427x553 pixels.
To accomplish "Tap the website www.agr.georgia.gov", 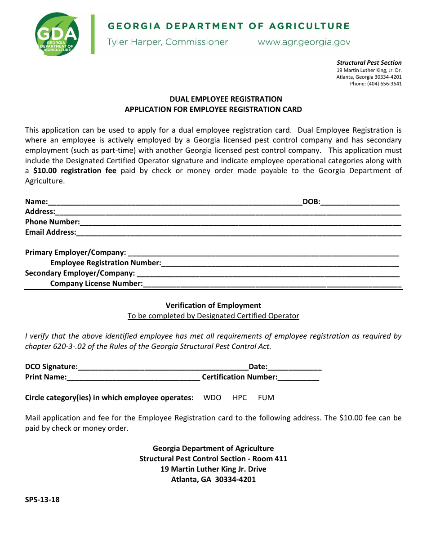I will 303,42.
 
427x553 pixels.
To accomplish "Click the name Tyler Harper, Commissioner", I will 167,42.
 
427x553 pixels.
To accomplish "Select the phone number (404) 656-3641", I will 384,84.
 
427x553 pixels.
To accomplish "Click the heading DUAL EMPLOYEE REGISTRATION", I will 226,99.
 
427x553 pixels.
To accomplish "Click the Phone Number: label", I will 53,222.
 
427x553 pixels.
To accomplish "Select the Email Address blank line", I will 238,233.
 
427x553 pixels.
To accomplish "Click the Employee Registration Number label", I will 106,263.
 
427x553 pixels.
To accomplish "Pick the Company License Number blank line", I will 272,284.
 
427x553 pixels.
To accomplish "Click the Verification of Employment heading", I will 213,305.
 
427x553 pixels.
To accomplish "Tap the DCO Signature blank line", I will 163,367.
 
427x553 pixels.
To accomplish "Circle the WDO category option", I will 212,397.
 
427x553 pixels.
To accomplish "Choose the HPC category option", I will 240,397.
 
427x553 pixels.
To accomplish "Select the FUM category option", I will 266,397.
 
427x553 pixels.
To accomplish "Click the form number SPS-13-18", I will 42,499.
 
